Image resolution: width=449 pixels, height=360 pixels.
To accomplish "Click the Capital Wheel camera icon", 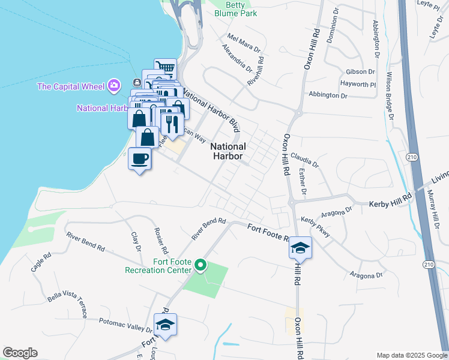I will [114, 86].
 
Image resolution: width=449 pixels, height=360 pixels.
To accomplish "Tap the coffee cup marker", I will [140, 160].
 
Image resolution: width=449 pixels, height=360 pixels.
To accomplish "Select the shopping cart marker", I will [165, 67].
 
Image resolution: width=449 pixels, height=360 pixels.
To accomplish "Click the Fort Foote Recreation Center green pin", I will [202, 264].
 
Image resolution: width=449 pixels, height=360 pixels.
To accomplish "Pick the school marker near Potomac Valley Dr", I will [165, 325].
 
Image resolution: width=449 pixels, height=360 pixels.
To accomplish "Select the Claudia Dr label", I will [305, 160].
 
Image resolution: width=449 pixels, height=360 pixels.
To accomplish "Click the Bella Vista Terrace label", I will [67, 304].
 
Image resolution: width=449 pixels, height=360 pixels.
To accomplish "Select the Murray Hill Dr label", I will [431, 205].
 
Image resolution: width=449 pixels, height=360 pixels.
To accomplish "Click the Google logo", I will [20, 353].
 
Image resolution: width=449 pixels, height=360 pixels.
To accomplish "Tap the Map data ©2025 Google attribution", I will [411, 355].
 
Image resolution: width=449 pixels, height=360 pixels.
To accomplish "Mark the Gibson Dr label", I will [357, 72].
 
